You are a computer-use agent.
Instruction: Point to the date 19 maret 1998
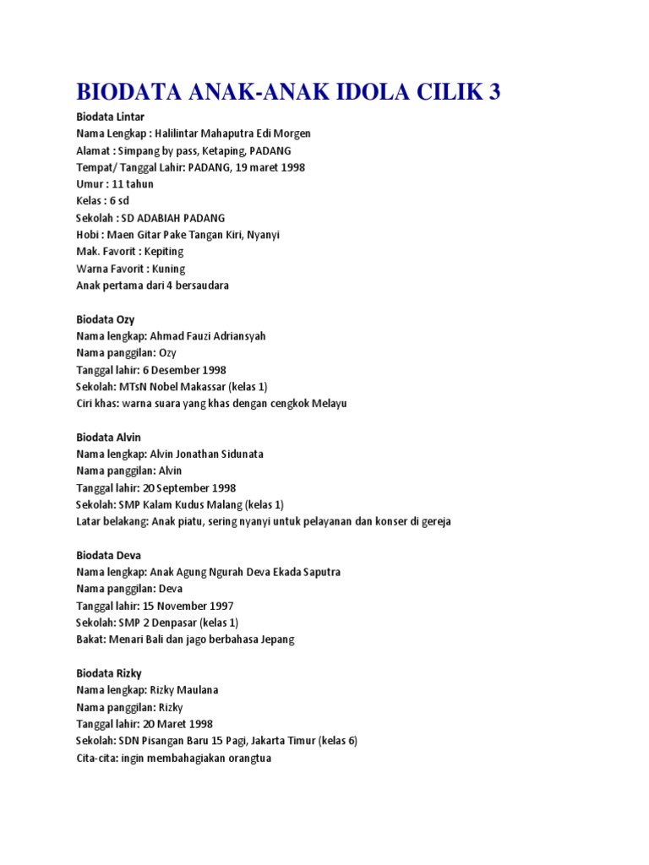coord(263,167)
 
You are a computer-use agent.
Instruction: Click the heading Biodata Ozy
coord(106,319)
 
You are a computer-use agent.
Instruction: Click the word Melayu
coord(328,404)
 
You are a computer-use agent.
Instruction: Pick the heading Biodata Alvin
coord(108,438)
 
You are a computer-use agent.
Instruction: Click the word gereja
coord(434,521)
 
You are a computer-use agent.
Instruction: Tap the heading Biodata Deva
coord(108,555)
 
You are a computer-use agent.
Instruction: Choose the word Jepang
coord(276,639)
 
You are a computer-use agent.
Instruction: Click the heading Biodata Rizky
coord(109,673)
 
